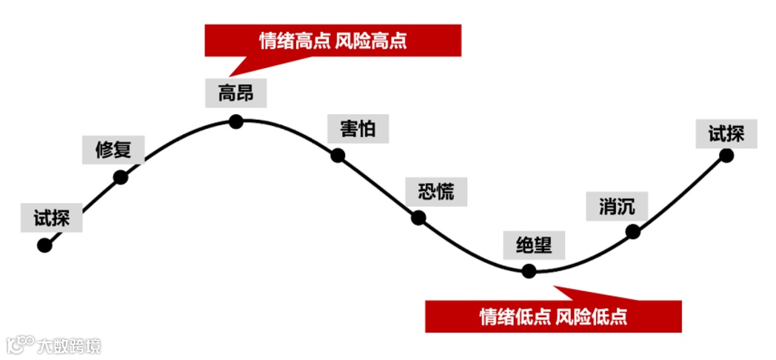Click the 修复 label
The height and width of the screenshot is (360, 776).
(113, 149)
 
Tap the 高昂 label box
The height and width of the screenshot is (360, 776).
(236, 93)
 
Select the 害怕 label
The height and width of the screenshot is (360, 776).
(358, 129)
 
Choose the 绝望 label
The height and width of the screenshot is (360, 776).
(534, 244)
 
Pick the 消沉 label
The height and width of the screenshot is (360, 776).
(617, 206)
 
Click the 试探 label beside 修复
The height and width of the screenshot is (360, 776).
(52, 218)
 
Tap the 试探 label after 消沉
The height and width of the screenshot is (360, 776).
(726, 134)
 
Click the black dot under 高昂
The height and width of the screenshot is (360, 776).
(236, 121)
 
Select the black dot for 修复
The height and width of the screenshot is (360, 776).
(121, 176)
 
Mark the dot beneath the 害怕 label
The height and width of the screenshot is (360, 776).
(338, 156)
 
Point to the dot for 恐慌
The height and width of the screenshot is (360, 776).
(418, 218)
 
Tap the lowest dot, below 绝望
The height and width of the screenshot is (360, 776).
(529, 271)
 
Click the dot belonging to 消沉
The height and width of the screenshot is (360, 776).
(632, 231)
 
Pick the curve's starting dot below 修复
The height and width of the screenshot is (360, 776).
(44, 245)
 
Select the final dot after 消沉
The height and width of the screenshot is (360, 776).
(726, 156)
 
